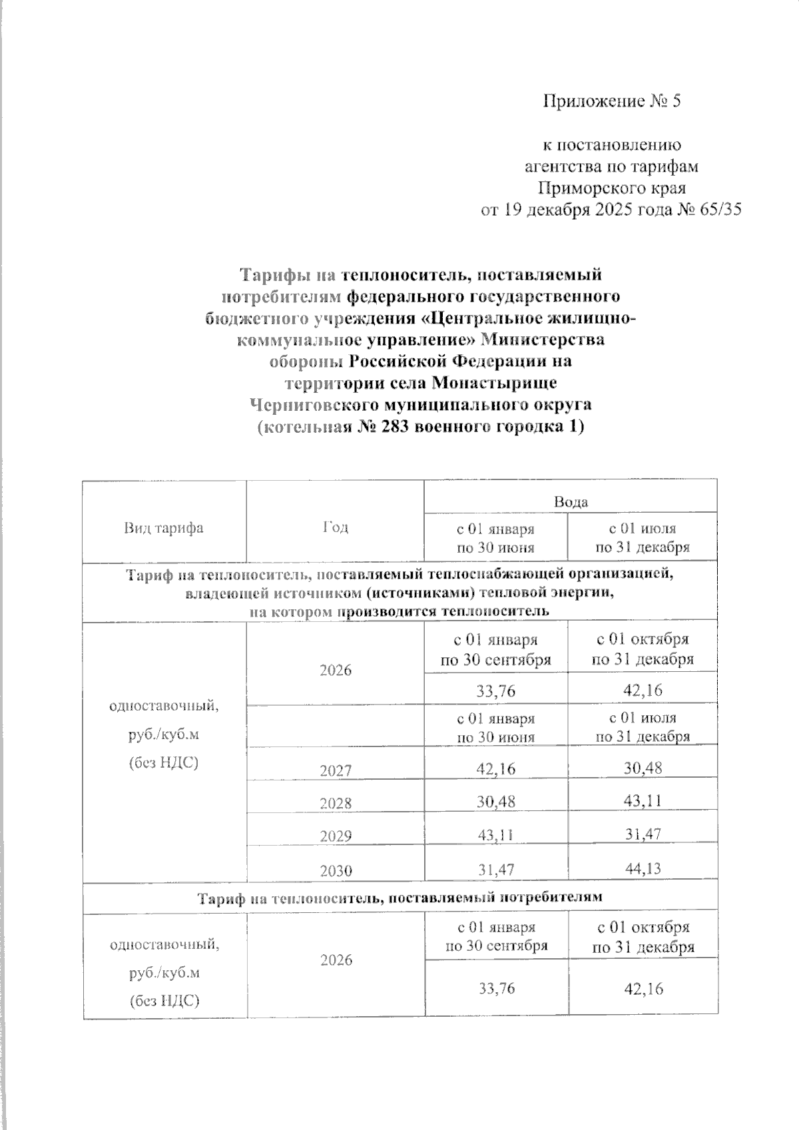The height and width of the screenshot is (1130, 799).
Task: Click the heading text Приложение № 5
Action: pos(613,101)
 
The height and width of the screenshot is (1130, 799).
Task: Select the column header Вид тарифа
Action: pos(164,528)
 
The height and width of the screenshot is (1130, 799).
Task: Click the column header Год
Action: pos(336,527)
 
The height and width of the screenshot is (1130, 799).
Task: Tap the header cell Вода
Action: pos(571,501)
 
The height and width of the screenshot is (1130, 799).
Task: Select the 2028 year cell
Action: pos(336,803)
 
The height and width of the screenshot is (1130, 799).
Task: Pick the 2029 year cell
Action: pos(336,836)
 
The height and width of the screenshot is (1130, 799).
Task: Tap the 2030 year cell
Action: pos(336,870)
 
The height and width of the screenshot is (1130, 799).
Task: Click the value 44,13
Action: pos(642,867)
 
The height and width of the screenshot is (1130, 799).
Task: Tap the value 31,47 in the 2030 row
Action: pos(495,867)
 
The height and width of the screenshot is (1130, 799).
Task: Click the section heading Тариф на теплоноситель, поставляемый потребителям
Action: pos(400,897)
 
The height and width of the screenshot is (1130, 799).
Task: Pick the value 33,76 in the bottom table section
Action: pos(496,989)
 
